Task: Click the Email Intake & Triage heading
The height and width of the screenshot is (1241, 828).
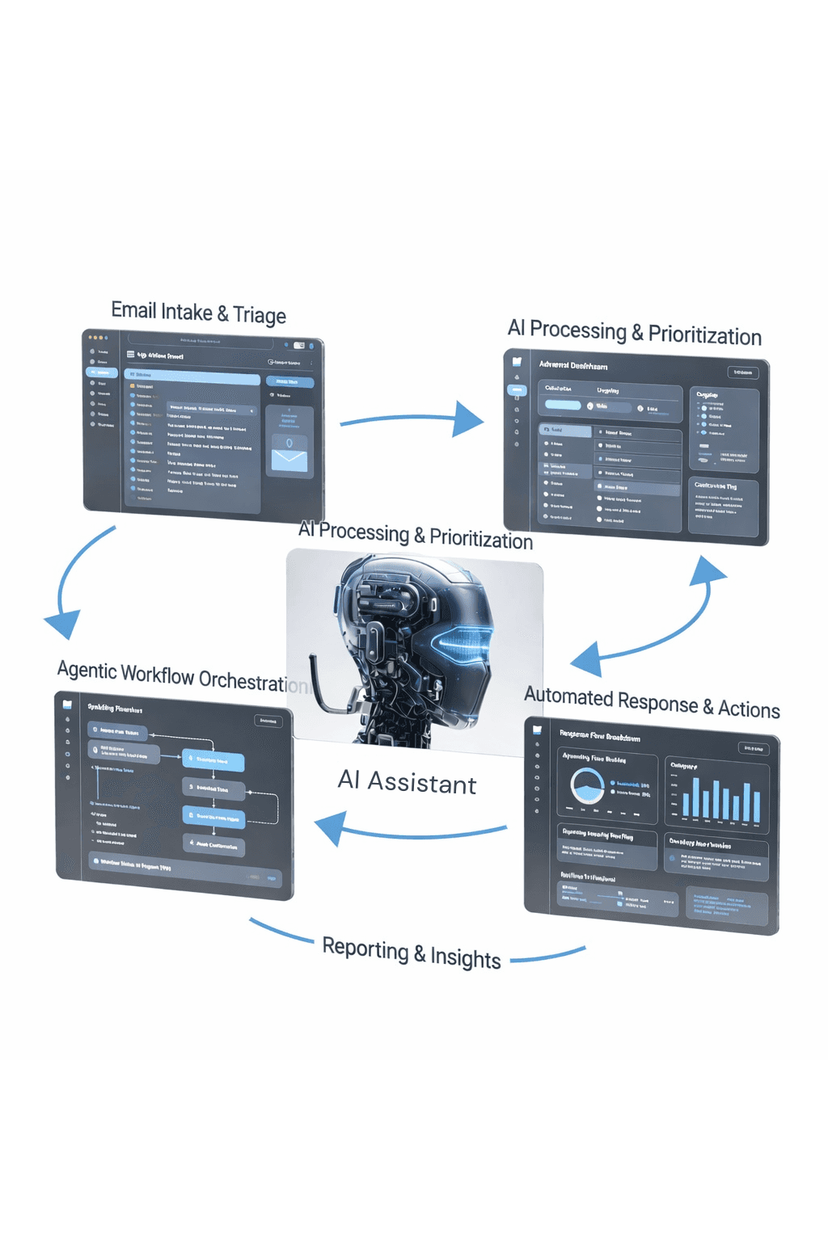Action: point(198,313)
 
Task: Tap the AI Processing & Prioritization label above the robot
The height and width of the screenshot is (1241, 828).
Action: point(416,536)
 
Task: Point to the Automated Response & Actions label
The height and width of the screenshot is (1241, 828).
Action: point(652,702)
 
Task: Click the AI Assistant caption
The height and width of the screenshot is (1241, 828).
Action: point(407,782)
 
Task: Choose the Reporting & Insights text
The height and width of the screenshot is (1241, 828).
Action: point(412,953)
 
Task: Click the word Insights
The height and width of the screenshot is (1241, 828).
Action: point(465,957)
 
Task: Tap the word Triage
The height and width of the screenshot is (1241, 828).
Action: point(259,315)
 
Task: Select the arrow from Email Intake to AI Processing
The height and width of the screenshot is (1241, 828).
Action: point(412,419)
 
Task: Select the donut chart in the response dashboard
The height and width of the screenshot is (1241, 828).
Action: point(587,785)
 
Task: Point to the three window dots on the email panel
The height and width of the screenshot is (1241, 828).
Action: point(97,337)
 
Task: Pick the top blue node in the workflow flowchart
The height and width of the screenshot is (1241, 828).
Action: point(213,760)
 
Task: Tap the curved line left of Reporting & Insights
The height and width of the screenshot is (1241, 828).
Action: point(281,931)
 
